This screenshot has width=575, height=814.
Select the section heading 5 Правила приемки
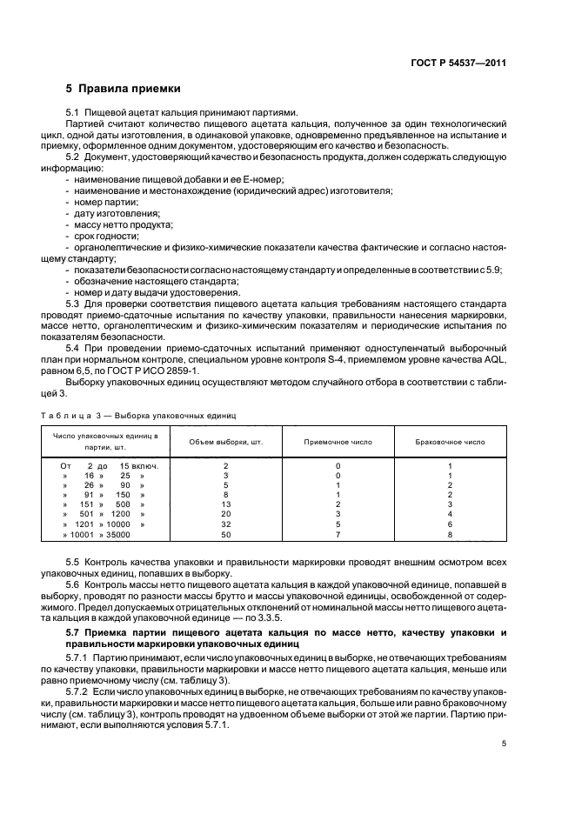(123, 89)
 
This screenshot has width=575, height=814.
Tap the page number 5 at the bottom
(504, 743)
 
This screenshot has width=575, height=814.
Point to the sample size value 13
(225, 504)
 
